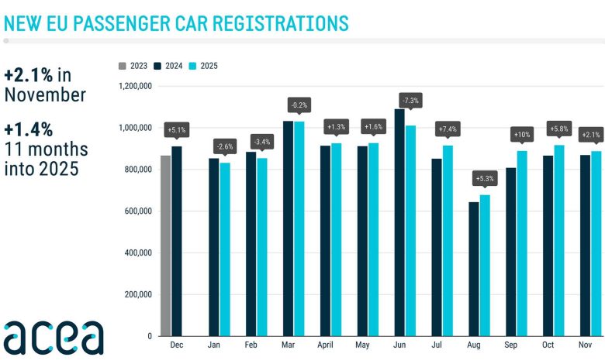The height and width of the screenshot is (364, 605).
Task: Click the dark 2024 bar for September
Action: pyautogui.click(x=511, y=251)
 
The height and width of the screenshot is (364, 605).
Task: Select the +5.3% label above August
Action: pyautogui.click(x=485, y=178)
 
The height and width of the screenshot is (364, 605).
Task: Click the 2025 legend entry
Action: pyautogui.click(x=204, y=66)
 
